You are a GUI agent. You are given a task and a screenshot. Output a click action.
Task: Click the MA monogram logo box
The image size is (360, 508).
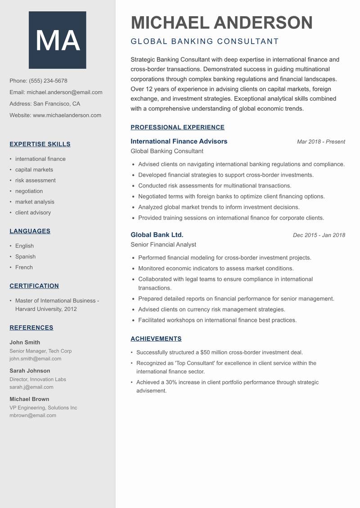pyautogui.click(x=57, y=40)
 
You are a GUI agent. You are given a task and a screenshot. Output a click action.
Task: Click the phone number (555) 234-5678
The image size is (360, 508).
pyautogui.click(x=48, y=81)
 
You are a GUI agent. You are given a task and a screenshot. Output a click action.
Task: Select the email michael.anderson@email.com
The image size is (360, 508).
pyautogui.click(x=64, y=92)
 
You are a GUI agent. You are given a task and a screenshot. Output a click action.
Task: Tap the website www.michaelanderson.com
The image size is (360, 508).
pyautogui.click(x=67, y=115)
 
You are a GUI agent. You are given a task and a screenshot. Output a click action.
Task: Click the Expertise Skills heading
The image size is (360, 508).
pyautogui.click(x=40, y=144)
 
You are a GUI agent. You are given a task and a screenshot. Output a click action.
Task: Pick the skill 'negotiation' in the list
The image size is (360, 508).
pyautogui.click(x=29, y=191)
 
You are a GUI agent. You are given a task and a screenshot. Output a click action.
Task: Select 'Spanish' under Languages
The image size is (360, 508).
pyautogui.click(x=25, y=257)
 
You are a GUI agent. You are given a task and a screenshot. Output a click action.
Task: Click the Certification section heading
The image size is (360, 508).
pyautogui.click(x=34, y=286)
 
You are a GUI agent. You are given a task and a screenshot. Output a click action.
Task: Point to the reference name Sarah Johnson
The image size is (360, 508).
pyautogui.click(x=30, y=371)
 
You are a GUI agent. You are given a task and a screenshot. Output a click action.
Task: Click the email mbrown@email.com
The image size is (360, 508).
pyautogui.click(x=33, y=415)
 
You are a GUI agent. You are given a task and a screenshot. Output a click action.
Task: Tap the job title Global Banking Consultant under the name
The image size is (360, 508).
pyautogui.click(x=205, y=41)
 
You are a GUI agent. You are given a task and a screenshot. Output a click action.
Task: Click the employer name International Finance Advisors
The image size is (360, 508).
pyautogui.click(x=179, y=141)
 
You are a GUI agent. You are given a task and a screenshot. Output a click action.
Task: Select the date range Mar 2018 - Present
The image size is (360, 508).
pyautogui.click(x=321, y=142)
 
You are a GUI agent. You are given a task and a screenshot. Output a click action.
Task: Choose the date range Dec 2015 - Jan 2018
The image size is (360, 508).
pyautogui.click(x=319, y=235)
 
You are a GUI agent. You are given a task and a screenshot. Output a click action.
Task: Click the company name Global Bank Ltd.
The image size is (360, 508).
pyautogui.click(x=157, y=235)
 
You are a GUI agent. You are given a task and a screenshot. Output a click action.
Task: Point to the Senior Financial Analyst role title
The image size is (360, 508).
pyautogui.click(x=163, y=245)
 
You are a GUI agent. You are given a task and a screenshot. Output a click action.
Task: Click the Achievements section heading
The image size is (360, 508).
pyautogui.click(x=156, y=339)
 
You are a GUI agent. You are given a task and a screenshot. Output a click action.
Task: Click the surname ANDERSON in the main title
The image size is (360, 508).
pyautogui.click(x=263, y=22)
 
